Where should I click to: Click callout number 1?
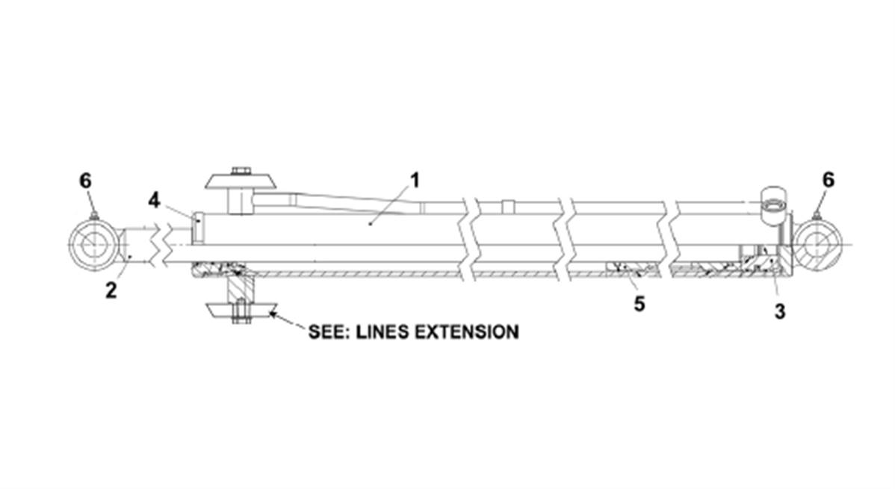415,181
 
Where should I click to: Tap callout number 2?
111,290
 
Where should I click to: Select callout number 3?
779,312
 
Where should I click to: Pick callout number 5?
639,304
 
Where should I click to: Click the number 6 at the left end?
86,181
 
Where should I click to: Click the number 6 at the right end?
827,181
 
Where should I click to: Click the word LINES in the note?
380,331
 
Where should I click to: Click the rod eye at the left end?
93,246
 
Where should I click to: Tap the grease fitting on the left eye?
94,217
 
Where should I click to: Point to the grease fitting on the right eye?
817,217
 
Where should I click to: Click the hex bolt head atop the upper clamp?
241,171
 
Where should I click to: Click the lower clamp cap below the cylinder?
239,311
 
